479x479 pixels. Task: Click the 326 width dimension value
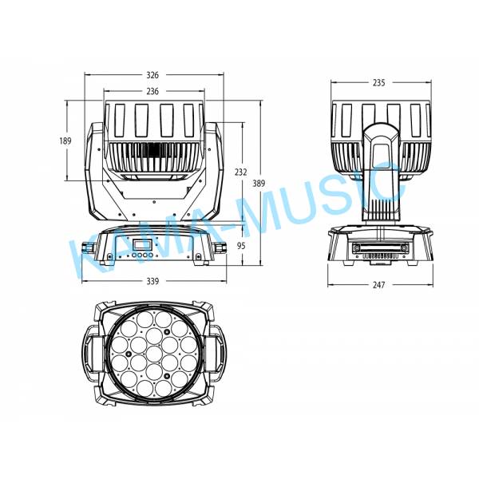[x=152, y=75]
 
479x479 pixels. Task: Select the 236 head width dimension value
[x=152, y=91]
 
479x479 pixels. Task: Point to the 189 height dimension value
[x=65, y=141]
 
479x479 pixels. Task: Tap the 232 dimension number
[x=241, y=172]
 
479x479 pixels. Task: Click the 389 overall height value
[x=259, y=184]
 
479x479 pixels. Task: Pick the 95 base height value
[x=241, y=246]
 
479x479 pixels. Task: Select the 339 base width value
[x=152, y=281]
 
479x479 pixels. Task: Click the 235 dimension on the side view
[x=378, y=82]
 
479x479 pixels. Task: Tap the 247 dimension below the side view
[x=378, y=285]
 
